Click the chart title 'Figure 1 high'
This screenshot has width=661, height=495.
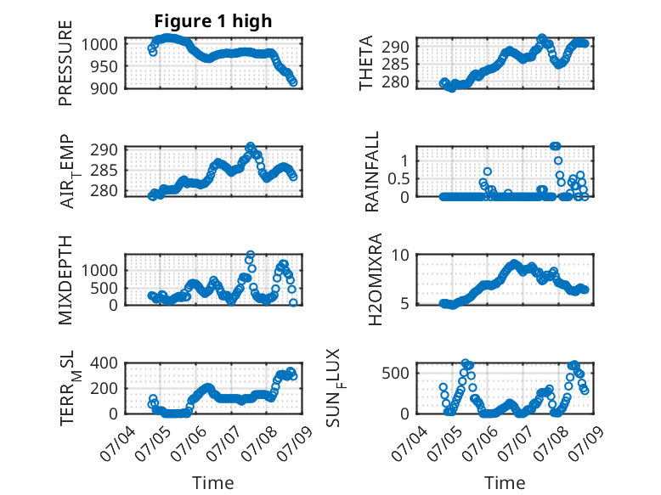click(x=213, y=21)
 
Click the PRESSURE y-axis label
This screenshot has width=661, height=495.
click(x=65, y=63)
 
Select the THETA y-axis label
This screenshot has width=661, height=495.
click(x=366, y=63)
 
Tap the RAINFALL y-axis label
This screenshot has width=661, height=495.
click(x=372, y=172)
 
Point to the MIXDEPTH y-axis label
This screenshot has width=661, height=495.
click(x=65, y=280)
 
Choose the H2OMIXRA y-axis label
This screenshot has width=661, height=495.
click(x=375, y=279)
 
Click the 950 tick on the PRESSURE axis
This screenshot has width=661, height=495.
click(x=105, y=66)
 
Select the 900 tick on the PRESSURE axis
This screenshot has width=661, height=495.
click(x=105, y=88)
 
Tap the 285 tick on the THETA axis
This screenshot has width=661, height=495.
click(x=395, y=65)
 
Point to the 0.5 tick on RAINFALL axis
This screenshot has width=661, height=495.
click(x=398, y=178)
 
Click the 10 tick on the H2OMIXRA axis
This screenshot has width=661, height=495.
click(x=400, y=255)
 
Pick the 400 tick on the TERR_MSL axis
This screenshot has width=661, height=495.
click(x=105, y=363)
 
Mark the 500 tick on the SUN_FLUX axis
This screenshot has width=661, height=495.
click(x=395, y=374)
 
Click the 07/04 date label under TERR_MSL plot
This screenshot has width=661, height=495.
click(x=118, y=443)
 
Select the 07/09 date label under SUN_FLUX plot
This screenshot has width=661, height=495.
click(x=586, y=443)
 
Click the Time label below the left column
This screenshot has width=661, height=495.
click(x=213, y=482)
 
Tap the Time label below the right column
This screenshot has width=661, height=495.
click(x=505, y=482)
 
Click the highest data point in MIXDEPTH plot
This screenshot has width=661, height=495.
click(x=251, y=255)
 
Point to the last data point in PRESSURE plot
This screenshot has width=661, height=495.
click(x=293, y=82)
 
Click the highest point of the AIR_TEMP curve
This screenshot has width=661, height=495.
click(x=251, y=146)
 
